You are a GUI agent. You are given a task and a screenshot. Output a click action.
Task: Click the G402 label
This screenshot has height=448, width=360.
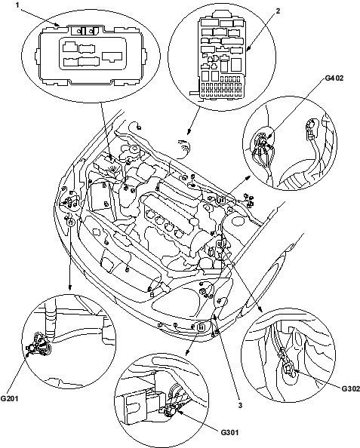[x=334, y=78]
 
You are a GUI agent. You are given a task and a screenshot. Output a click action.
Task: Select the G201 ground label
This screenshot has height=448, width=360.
[x=9, y=398]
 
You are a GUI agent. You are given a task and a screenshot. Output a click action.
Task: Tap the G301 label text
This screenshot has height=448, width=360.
[x=229, y=432]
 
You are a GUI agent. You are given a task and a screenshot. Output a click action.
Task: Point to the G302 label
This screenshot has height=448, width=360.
[x=350, y=388]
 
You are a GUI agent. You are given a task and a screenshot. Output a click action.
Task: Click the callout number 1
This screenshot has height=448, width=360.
[x=17, y=5]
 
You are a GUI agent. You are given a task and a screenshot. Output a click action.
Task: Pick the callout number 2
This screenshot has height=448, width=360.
[x=278, y=11]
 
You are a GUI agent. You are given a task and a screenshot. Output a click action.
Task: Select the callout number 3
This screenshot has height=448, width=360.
[x=240, y=405]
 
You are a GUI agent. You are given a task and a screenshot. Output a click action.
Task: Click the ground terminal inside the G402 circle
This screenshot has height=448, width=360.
[x=263, y=140]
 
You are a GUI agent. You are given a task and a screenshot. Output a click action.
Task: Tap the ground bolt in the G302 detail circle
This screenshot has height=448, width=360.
[x=288, y=370]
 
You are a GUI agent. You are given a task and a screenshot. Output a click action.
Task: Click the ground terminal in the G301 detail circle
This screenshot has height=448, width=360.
[x=171, y=410]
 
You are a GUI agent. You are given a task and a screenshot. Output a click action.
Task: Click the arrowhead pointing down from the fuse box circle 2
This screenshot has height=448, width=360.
[x=188, y=131]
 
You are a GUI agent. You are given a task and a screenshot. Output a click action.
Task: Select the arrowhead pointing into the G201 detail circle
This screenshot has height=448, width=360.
[x=70, y=287]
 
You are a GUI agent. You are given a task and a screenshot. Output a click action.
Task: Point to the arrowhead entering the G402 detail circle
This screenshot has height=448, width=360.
[x=248, y=178]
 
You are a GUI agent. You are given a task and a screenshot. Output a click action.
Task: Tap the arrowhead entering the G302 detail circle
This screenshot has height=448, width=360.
[x=260, y=308]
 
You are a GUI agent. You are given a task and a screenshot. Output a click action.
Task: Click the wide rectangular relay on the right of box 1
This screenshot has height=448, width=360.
[x=112, y=57]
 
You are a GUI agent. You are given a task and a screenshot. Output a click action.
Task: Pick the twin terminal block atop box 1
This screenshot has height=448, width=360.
[x=84, y=30]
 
